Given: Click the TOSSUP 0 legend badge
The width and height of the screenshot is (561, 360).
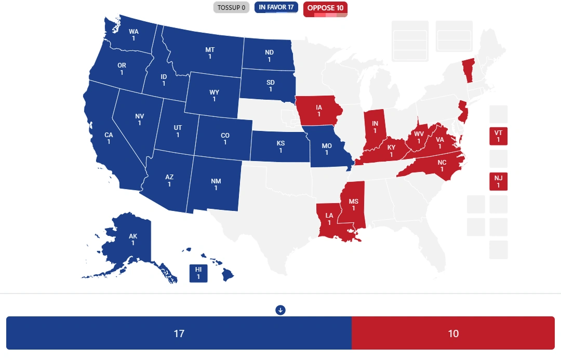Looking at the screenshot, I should [x=231, y=8].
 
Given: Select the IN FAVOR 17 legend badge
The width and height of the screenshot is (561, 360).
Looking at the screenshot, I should [x=276, y=8].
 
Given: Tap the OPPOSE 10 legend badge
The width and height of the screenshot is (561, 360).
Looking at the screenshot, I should [x=325, y=8].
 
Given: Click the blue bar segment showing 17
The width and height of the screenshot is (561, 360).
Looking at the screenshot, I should [x=179, y=333].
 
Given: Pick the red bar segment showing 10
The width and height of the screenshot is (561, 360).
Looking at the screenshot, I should [x=453, y=333].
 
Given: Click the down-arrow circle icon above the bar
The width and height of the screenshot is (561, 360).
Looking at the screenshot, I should [x=280, y=310].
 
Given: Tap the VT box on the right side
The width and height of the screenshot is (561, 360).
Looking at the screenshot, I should [x=498, y=136].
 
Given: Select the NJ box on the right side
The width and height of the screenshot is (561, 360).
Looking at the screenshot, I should [x=498, y=181].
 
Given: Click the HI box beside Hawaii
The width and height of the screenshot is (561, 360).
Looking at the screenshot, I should [x=198, y=273].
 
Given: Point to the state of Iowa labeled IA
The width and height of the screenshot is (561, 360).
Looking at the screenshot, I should [x=319, y=111].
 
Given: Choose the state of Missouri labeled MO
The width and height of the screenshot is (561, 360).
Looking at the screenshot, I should [x=327, y=149].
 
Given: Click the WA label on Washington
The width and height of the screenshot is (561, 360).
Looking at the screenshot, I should [x=133, y=35].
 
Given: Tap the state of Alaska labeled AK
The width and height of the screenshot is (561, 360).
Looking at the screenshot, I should [x=133, y=239].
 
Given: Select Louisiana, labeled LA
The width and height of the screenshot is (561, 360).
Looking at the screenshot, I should [x=329, y=219].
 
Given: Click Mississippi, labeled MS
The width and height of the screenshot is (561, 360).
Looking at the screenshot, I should [x=354, y=204].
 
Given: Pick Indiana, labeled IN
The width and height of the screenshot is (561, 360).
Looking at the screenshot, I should [x=374, y=127].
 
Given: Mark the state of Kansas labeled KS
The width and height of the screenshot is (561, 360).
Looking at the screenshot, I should [x=280, y=146].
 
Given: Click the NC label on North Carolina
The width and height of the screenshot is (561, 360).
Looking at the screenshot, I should [x=442, y=166].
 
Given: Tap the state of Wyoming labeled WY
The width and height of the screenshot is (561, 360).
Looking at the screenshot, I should [x=214, y=96].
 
